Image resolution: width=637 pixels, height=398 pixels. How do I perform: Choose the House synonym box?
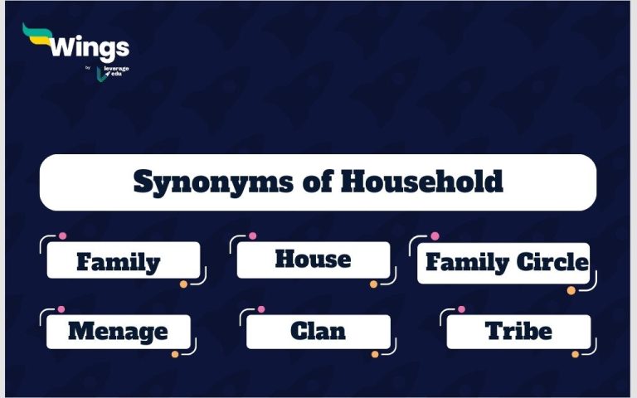(x=313, y=260)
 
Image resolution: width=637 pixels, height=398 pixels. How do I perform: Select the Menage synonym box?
(x=118, y=331)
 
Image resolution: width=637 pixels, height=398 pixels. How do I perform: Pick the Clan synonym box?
(x=318, y=331)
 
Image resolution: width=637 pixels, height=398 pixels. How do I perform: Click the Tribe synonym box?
(x=518, y=331)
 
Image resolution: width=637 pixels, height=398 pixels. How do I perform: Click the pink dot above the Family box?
(x=62, y=236)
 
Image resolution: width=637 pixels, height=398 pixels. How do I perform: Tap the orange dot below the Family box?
(x=183, y=284)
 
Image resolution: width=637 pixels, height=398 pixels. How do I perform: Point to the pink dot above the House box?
(x=252, y=236)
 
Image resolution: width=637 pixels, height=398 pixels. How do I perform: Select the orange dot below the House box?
(x=373, y=284)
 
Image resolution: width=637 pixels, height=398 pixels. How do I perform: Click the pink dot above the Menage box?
(x=61, y=309)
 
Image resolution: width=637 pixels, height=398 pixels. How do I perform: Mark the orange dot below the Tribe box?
(x=575, y=354)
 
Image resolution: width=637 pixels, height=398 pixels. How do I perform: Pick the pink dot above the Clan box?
(x=261, y=309)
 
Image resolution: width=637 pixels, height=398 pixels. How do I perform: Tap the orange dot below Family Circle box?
(x=571, y=290)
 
